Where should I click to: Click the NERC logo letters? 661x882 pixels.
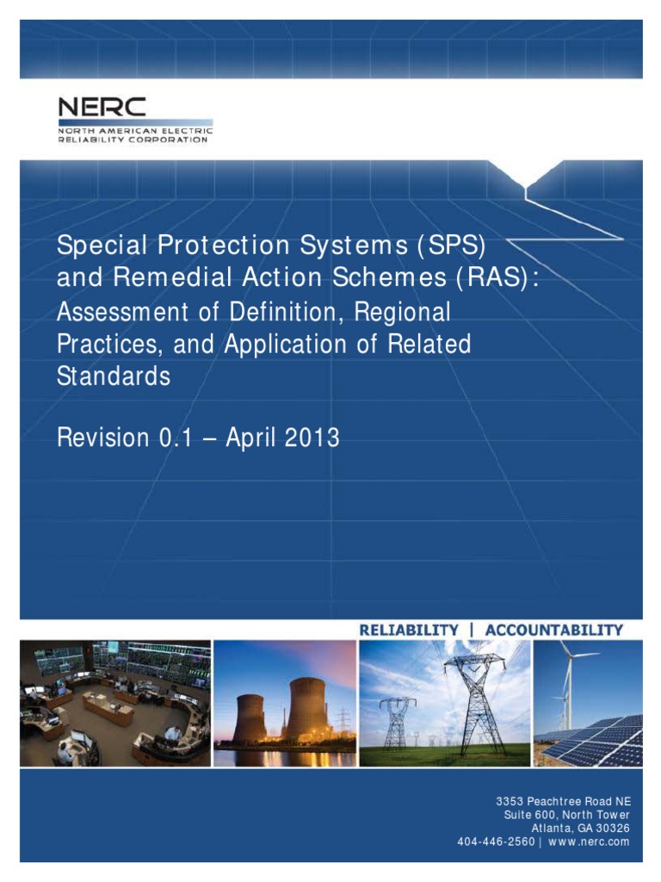(x=102, y=107)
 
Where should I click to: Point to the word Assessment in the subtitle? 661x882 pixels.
(x=122, y=312)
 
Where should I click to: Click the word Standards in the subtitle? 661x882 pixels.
(x=114, y=376)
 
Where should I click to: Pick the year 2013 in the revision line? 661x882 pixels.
(x=312, y=438)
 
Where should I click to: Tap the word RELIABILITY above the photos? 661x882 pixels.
(x=409, y=630)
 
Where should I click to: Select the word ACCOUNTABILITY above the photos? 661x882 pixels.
(x=554, y=630)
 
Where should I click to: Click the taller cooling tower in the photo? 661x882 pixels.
(x=307, y=709)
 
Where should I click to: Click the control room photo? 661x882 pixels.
(x=115, y=703)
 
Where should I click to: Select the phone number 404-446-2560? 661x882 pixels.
(x=496, y=842)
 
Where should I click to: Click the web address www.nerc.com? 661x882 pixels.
(x=589, y=842)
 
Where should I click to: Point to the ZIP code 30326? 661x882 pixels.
(x=613, y=828)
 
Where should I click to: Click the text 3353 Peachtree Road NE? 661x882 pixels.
(x=563, y=801)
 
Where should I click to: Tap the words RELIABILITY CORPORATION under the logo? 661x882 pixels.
(x=133, y=140)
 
